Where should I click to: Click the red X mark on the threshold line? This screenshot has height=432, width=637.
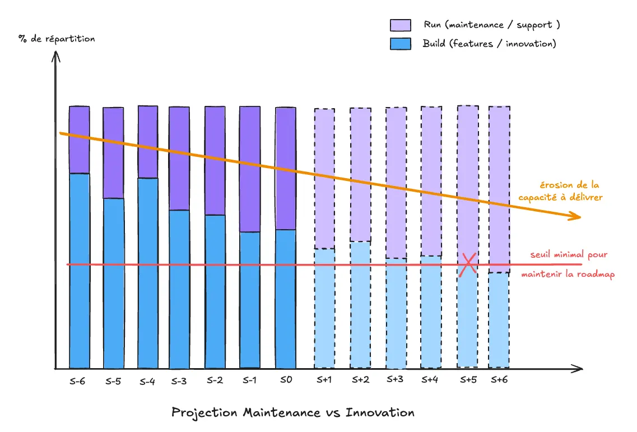point(468,264)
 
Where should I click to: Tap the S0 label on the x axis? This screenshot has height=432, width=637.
point(285,380)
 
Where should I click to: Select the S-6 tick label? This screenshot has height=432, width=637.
point(78,380)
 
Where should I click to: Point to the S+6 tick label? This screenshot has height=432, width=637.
point(499,380)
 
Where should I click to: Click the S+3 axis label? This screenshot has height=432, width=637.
point(395,379)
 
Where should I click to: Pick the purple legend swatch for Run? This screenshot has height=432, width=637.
point(401,25)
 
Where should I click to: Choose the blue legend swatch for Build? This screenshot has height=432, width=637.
point(401,44)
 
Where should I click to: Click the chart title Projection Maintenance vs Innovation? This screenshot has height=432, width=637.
point(293,413)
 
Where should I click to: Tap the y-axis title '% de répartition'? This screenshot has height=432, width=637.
point(57,39)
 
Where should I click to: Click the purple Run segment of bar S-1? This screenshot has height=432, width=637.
point(250,169)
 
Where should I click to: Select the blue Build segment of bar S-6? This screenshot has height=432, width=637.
point(80,271)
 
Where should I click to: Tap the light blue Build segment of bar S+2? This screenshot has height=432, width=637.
point(360,304)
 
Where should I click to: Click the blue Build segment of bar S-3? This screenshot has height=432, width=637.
point(179,289)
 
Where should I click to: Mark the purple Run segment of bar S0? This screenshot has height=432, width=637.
point(285,168)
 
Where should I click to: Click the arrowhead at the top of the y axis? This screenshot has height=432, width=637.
point(55,55)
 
